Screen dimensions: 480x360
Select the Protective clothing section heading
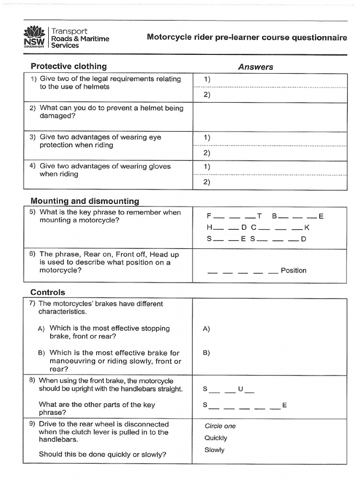pos(68,66)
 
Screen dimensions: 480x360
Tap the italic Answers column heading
pos(255,67)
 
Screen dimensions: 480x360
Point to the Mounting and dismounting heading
pos(84,201)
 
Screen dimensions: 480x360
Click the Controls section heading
pos(48,292)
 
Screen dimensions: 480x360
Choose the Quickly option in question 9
pos(216,438)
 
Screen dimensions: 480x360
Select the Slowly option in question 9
pos(214,450)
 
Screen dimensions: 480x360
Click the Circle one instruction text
pos(220,426)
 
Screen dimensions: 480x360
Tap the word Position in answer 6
pos(293,270)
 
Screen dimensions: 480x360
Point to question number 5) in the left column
pos(32,212)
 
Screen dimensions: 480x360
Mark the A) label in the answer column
pos(206,329)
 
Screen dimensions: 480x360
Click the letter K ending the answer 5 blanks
pos(307,228)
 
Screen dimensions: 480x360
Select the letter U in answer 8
pos(240,389)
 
